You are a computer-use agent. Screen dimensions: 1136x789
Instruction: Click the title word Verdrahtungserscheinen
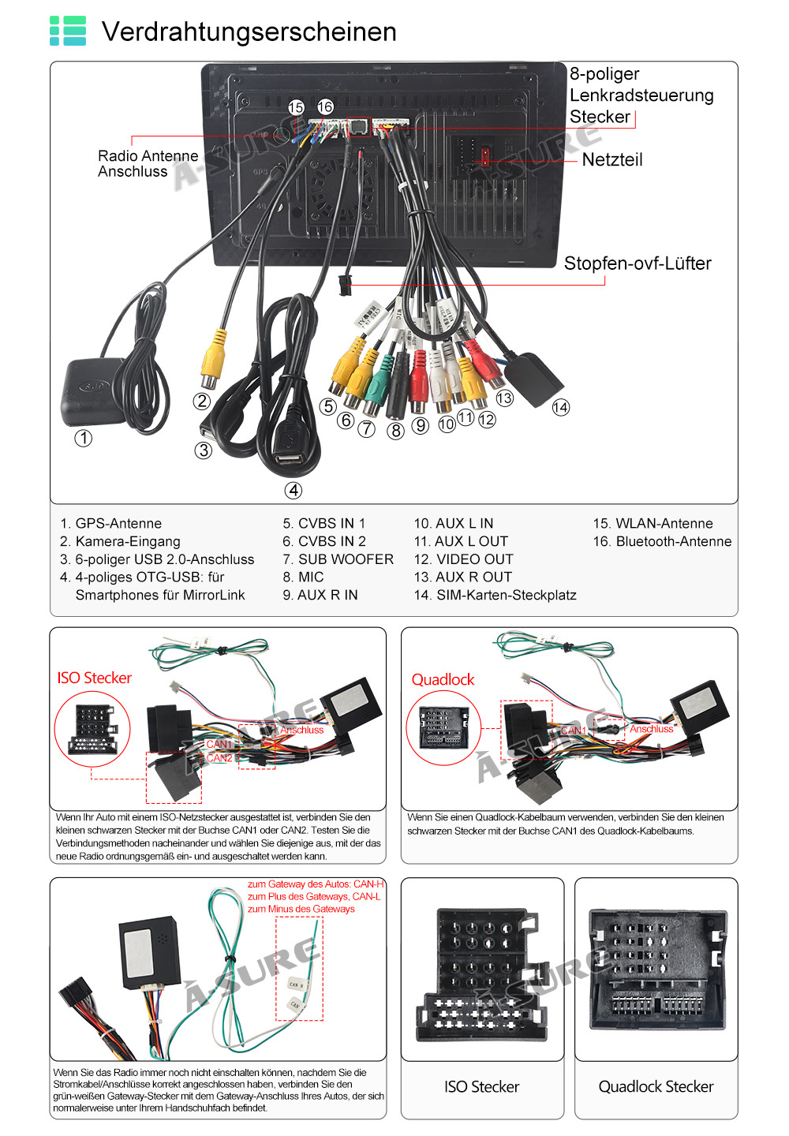[x=249, y=32]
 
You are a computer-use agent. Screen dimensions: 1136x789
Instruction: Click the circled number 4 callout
[x=294, y=491]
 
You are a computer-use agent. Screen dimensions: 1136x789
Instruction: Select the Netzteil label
[x=612, y=160]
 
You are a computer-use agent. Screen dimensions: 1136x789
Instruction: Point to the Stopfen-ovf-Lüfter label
[x=638, y=263]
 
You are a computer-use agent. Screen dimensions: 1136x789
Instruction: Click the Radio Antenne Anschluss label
[x=148, y=164]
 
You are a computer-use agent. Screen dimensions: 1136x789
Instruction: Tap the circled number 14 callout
[x=561, y=408]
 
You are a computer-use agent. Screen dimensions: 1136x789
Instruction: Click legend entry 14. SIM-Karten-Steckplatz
[x=495, y=596]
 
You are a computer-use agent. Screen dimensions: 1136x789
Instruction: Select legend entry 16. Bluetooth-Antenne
[x=662, y=542]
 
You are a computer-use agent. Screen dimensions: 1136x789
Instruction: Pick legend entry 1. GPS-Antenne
[x=110, y=524]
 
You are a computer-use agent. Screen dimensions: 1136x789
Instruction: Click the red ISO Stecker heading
[x=95, y=678]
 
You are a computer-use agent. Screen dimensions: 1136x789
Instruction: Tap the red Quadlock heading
[x=443, y=680]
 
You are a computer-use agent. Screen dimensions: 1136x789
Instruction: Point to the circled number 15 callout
[x=296, y=107]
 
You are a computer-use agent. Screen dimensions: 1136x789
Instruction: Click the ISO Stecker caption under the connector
[x=481, y=1087]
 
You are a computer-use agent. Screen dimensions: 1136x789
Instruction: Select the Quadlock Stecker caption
[x=656, y=1087]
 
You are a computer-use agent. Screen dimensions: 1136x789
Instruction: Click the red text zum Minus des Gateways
[x=301, y=910]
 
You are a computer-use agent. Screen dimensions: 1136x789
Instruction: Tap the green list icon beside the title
[x=68, y=31]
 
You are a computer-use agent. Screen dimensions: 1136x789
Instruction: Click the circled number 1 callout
[x=83, y=438]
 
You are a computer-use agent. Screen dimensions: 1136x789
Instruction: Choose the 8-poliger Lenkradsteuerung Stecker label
[x=641, y=95]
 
